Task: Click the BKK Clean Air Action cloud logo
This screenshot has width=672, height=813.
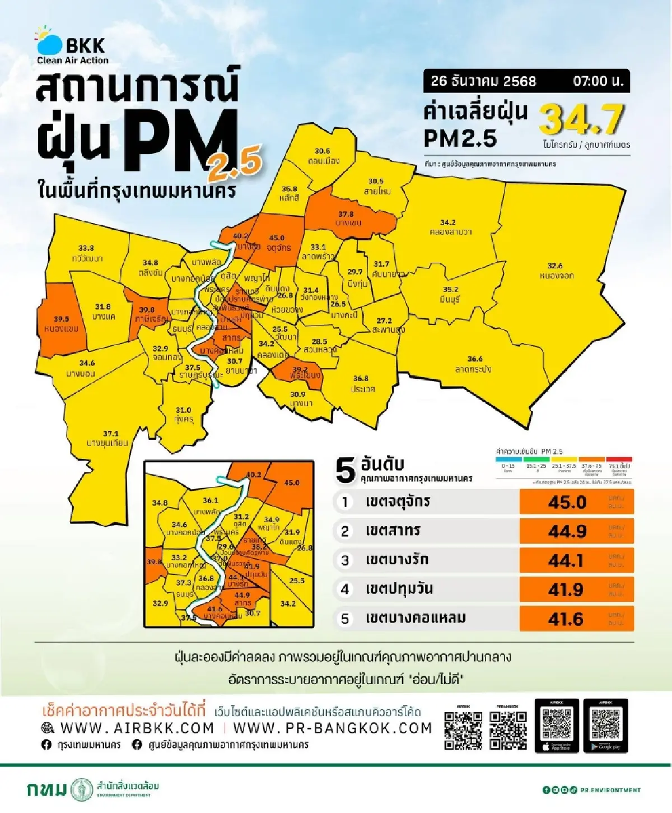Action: pos(49,42)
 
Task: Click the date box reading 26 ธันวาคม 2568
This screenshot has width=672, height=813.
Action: pos(483,81)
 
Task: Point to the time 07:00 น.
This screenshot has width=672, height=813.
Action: pos(598,81)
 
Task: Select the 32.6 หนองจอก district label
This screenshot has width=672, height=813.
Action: pos(556,271)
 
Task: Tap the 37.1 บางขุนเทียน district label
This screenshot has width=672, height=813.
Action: pos(108,438)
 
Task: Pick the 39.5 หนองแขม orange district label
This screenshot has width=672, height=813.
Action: pos(61,324)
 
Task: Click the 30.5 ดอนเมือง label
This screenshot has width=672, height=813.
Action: pos(323,156)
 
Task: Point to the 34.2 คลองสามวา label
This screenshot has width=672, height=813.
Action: pos(450,227)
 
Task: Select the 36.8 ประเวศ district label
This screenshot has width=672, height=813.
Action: pos(362,384)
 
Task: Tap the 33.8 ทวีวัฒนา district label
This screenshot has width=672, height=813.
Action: pos(87,253)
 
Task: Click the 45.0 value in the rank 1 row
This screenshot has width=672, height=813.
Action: pos(567,502)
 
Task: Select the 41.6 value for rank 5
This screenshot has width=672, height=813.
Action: pos(566,619)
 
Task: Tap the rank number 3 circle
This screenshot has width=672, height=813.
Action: pos(345,560)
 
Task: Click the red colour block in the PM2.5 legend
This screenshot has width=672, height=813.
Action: pos(619,459)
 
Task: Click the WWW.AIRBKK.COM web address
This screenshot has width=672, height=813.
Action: pos(137,728)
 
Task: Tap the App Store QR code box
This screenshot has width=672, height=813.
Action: pos(557,726)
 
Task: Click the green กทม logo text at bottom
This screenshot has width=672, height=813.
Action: pos(46,789)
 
